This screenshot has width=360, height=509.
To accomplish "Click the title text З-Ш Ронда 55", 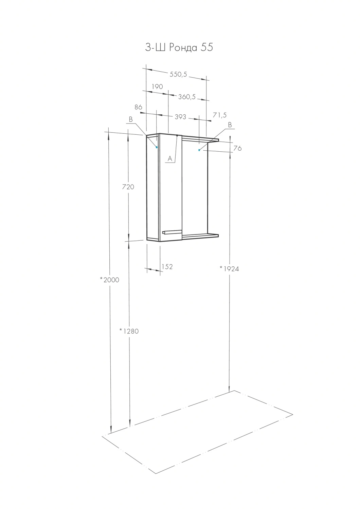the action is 179,48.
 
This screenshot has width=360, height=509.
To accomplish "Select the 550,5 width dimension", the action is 178,74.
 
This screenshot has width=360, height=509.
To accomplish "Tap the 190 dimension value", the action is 157,87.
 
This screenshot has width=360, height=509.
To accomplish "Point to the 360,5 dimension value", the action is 187,97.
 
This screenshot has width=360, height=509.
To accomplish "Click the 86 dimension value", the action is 138,107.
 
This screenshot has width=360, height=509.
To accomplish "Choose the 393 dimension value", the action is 180,117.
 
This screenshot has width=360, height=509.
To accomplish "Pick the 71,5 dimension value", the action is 220,115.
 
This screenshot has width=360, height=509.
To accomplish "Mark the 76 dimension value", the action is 237,148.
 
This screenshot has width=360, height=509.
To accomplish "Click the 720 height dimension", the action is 128,187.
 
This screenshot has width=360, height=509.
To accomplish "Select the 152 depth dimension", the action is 167,267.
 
